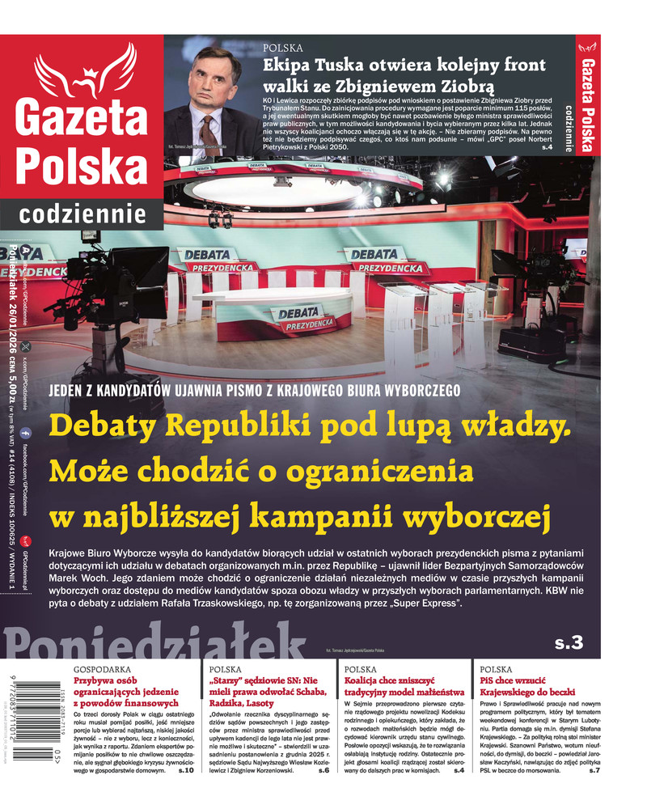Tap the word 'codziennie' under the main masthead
(82, 214)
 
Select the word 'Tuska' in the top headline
(346, 67)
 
